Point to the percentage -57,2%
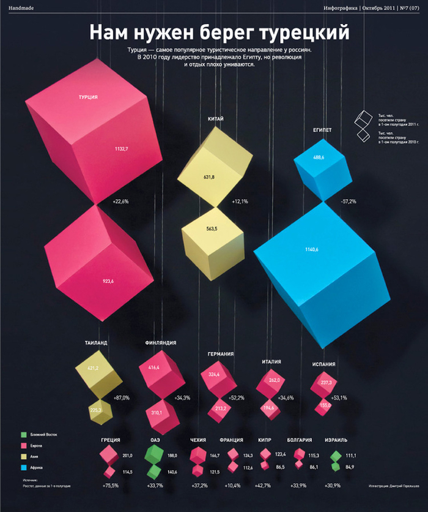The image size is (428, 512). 348,201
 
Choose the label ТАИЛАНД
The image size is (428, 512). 92,343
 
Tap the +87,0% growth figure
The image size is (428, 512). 121,398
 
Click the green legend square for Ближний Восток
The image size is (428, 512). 23,434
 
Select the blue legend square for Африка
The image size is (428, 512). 23,467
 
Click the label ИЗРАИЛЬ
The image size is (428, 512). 336,440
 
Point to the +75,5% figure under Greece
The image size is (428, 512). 109,485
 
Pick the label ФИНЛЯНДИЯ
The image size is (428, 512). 161,343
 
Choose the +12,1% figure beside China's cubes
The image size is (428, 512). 240,201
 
